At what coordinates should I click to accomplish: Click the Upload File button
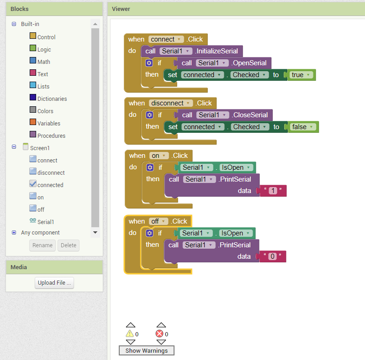[54, 283]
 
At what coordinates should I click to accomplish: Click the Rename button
[42, 245]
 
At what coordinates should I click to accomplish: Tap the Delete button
[69, 245]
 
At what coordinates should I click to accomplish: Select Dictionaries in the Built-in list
[52, 99]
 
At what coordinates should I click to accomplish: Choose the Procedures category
[52, 136]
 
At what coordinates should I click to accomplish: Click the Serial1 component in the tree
[46, 222]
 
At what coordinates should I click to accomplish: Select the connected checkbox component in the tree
[50, 185]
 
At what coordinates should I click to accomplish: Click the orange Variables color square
[33, 122]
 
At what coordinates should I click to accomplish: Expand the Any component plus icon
[14, 233]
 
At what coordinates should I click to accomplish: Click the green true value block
[302, 75]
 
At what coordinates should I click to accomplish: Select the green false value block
[303, 127]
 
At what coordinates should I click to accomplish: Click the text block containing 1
[273, 191]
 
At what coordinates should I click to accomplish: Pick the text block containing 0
[272, 256]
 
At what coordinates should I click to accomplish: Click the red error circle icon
[159, 334]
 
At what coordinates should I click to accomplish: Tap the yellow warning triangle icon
[130, 334]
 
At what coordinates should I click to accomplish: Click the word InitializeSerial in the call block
[217, 51]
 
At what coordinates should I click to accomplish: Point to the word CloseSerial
[250, 115]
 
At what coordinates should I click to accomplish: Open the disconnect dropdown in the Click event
[188, 103]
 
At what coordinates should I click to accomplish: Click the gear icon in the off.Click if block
[149, 233]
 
